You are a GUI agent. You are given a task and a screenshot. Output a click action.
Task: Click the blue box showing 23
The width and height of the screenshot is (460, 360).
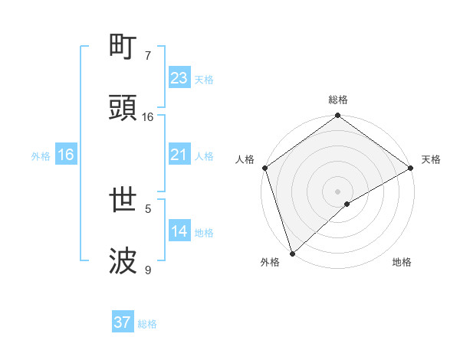[x=179, y=78]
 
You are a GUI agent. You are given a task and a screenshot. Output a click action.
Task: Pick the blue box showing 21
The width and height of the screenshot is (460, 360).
[x=179, y=155]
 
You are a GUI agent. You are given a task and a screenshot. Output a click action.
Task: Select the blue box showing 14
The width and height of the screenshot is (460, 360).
[x=179, y=231]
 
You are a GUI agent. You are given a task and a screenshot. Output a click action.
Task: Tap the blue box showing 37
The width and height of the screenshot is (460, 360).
[x=123, y=322]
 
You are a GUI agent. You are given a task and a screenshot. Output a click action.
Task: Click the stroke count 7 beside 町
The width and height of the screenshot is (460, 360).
[x=148, y=56]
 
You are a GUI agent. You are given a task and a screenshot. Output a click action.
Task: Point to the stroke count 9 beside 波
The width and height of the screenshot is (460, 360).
[x=148, y=270]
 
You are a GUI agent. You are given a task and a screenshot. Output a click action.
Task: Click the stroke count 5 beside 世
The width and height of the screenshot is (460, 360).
[x=148, y=208]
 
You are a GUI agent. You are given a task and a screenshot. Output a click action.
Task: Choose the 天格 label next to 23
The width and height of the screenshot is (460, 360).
[x=204, y=80]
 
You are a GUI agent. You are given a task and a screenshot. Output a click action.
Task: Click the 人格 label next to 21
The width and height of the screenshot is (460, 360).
[x=204, y=156]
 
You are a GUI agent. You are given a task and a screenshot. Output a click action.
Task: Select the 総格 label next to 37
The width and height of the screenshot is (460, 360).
[x=147, y=324]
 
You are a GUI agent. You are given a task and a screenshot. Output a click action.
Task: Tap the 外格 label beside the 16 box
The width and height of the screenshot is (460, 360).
[x=41, y=156]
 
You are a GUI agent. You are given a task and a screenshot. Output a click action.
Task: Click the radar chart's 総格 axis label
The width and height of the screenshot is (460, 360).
[x=338, y=100]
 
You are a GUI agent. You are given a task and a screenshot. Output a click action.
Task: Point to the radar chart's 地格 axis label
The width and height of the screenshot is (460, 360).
[x=402, y=262]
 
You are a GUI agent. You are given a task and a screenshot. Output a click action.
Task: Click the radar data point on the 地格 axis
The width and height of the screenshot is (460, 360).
[x=347, y=204]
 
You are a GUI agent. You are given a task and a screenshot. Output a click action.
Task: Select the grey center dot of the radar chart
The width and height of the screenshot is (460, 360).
[x=338, y=191]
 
